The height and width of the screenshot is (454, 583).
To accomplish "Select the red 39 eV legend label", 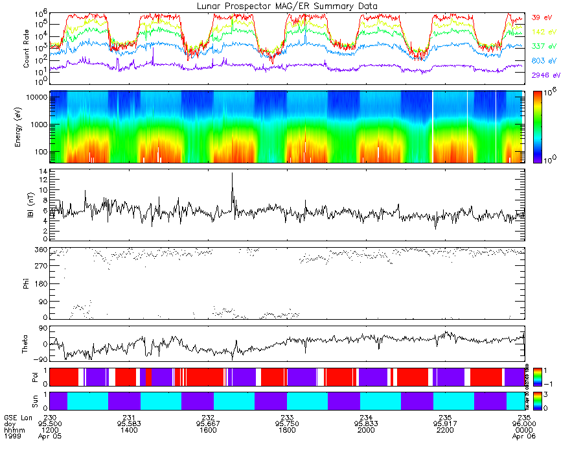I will (x=542, y=18).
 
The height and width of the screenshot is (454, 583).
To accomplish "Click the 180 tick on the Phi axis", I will (x=42, y=283).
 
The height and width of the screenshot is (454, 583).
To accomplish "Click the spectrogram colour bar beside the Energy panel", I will (x=537, y=126).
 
